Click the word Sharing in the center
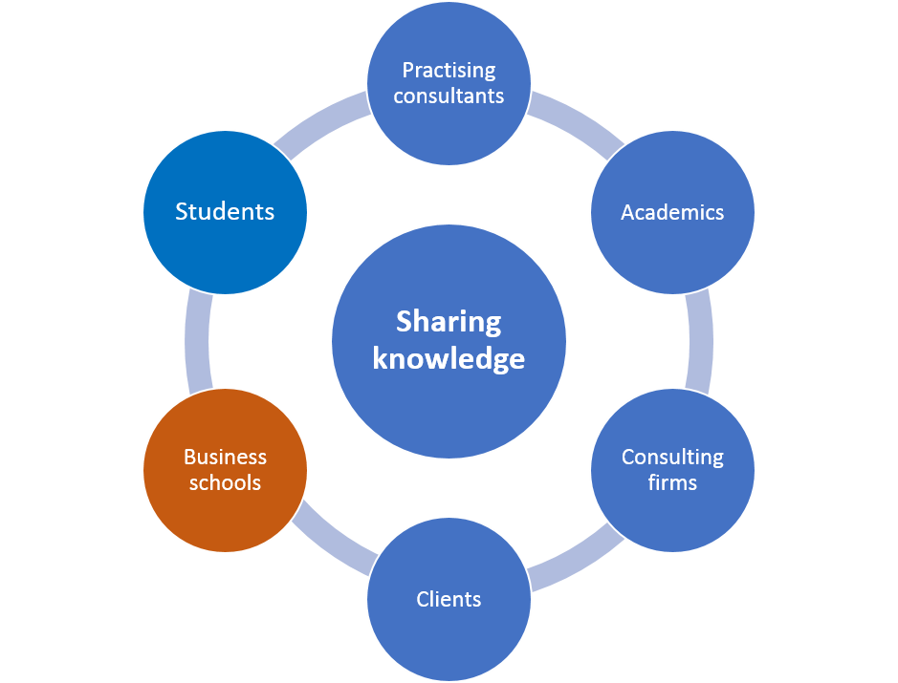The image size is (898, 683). click(x=449, y=322)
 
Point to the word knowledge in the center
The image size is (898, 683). click(x=449, y=358)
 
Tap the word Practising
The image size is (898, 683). click(x=449, y=71)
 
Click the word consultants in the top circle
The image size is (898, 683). click(x=449, y=96)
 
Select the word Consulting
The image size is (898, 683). click(x=672, y=457)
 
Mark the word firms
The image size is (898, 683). click(x=672, y=482)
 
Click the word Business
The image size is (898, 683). click(x=225, y=457)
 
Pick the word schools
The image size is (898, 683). click(x=225, y=482)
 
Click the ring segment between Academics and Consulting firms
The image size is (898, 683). click(x=700, y=341)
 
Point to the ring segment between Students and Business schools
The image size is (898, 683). click(x=197, y=341)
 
